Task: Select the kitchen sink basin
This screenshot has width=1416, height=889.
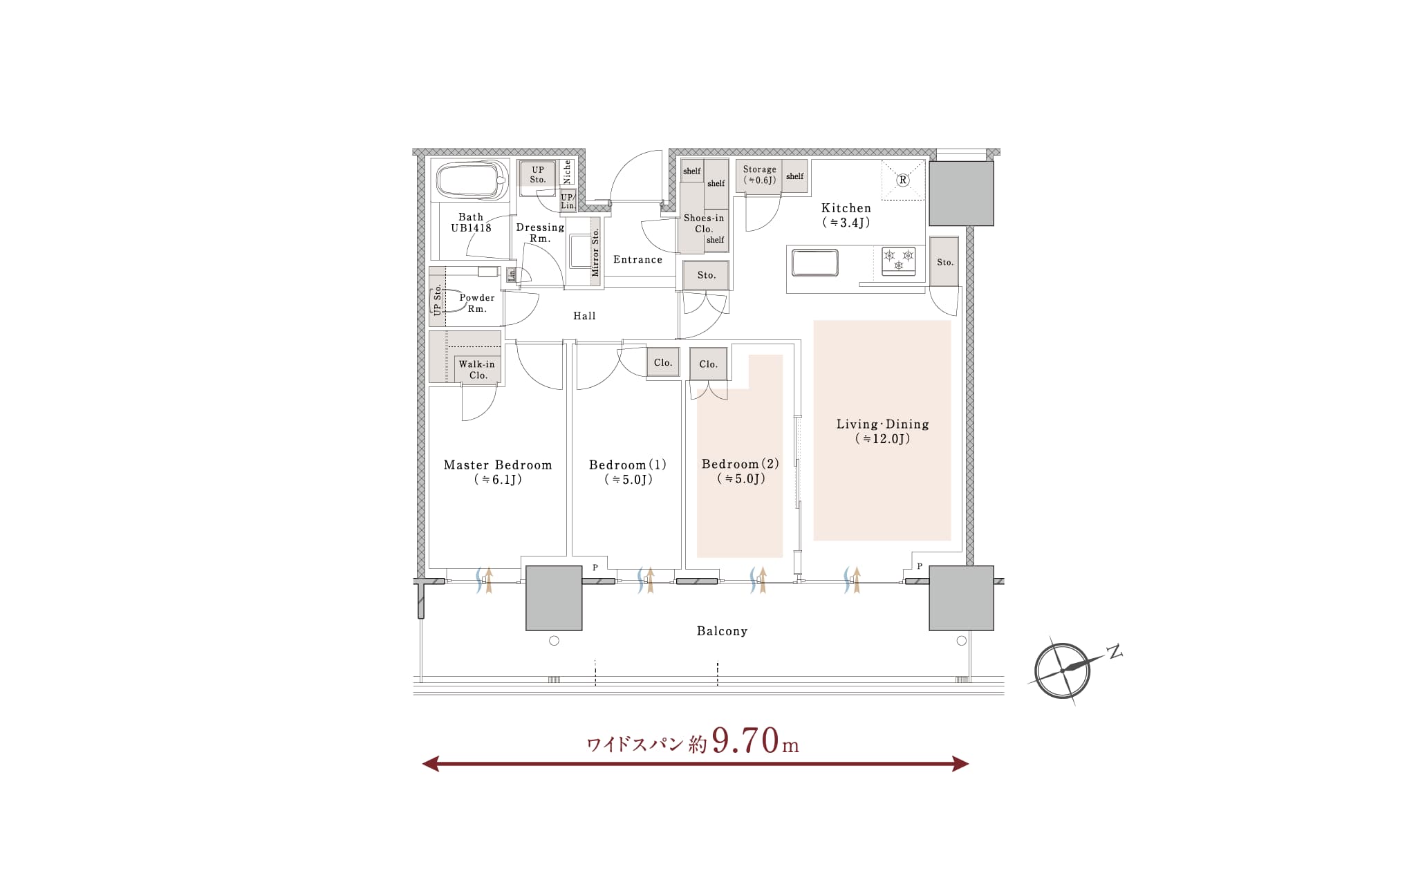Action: (x=814, y=263)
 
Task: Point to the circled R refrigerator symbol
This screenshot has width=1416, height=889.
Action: (x=902, y=180)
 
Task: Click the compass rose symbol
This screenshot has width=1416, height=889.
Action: (x=1063, y=670)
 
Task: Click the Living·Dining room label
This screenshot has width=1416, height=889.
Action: (x=882, y=424)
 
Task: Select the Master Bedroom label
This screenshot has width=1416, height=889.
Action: (x=498, y=465)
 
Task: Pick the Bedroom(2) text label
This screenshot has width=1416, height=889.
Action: (x=740, y=464)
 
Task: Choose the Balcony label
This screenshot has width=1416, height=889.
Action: (x=722, y=631)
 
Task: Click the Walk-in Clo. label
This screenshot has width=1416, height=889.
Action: (x=478, y=370)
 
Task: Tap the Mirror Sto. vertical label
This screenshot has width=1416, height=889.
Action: (x=595, y=252)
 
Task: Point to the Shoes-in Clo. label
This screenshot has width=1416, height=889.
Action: (x=704, y=223)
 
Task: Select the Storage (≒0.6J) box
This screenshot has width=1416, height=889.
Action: (x=759, y=175)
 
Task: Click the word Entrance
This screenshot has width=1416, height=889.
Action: (x=637, y=260)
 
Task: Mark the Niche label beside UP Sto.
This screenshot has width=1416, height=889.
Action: (x=567, y=171)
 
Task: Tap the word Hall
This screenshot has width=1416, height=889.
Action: (x=584, y=316)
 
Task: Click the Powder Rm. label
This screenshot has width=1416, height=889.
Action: (x=477, y=303)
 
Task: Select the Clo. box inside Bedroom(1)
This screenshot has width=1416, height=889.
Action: (x=663, y=363)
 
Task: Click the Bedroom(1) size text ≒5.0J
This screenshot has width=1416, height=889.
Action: (x=628, y=480)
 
